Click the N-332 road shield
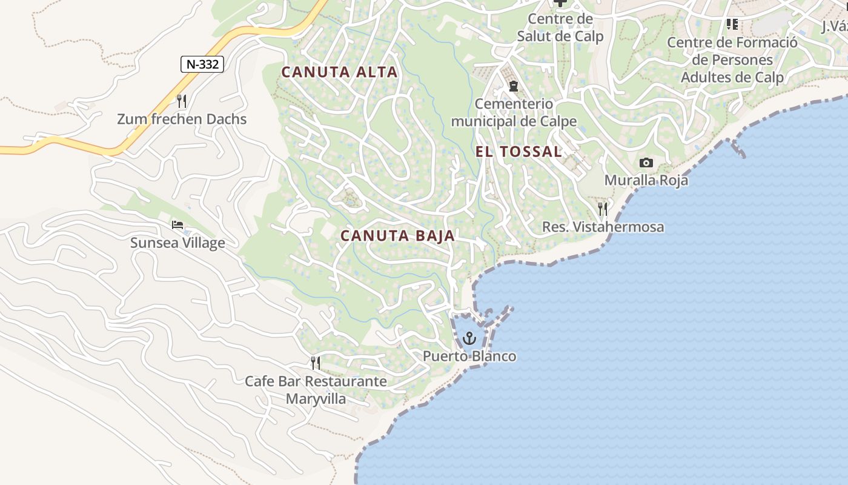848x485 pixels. pos(202,64)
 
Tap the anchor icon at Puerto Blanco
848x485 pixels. pos(470,338)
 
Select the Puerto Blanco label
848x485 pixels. pos(469,356)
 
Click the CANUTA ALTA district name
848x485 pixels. pos(339,72)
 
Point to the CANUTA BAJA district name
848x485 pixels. pos(397,236)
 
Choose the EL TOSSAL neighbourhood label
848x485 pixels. pos(518,152)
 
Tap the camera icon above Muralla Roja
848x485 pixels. pos(646,162)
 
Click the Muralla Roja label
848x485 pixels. pos(646,180)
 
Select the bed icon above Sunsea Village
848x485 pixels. pos(177,225)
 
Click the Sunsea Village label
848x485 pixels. pos(177,243)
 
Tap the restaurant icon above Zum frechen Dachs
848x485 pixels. pos(181,100)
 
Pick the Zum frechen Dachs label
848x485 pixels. pos(182,119)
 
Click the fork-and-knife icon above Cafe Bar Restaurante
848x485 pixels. pos(316,363)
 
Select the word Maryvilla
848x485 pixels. pos(316,399)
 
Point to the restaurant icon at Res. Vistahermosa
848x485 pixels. pos(603,209)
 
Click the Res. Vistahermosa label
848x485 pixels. pos(603,227)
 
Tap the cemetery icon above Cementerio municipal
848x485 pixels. pos(514,86)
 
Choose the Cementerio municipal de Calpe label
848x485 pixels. pos(514,113)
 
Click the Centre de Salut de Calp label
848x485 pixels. pos(560,27)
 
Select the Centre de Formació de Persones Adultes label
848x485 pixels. pos(732,60)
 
